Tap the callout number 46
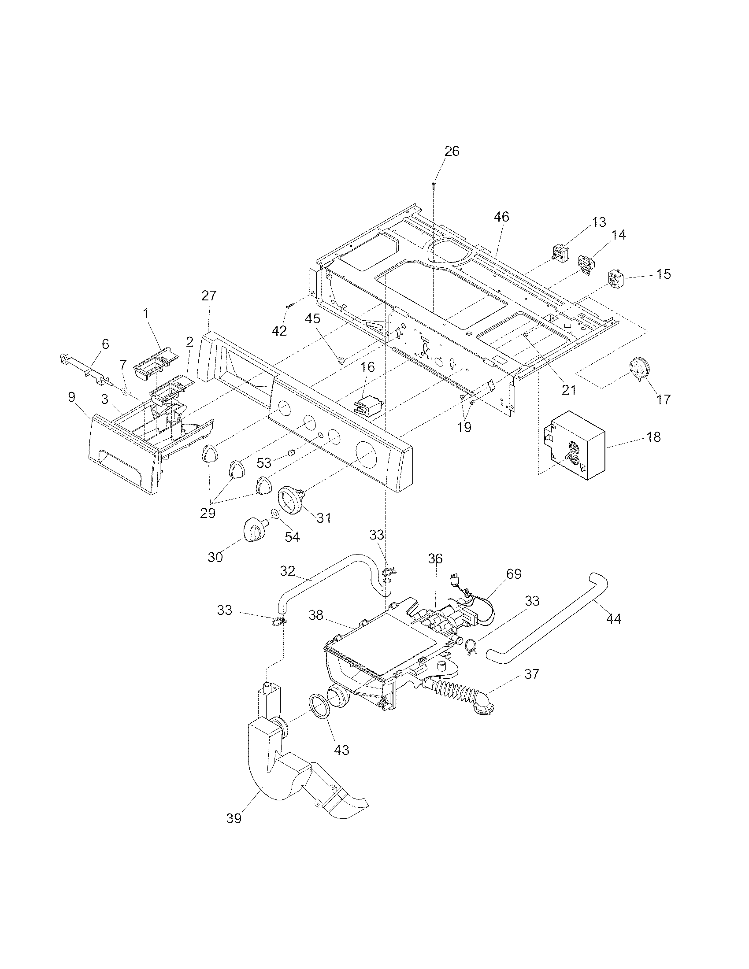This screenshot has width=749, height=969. (501, 217)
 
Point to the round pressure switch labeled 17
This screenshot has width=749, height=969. (639, 370)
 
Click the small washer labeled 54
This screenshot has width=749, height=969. (275, 514)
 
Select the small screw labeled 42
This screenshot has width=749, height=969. (290, 306)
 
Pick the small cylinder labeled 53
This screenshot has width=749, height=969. (292, 453)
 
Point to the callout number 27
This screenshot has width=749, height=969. (209, 296)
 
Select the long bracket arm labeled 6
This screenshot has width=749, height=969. (86, 366)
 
